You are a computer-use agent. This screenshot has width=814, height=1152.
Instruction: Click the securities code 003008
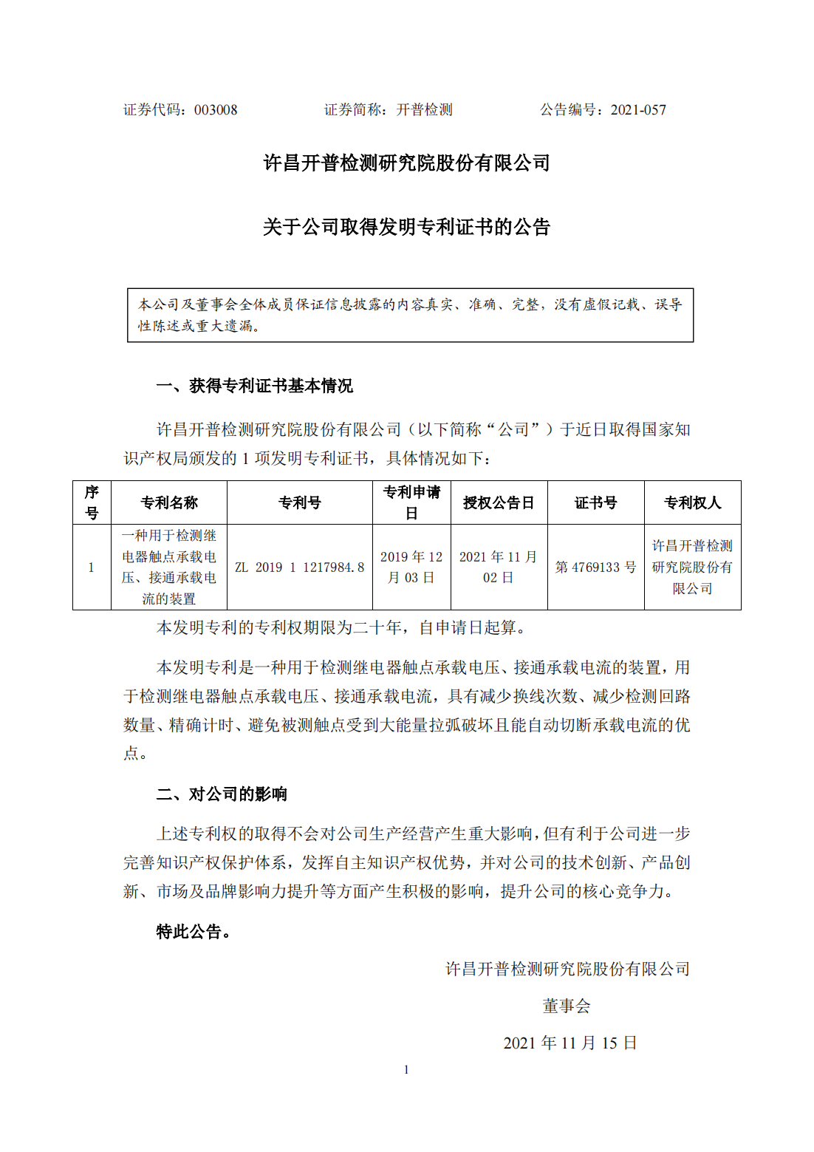pos(216,110)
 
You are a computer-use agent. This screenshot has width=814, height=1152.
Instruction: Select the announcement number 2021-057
pos(638,110)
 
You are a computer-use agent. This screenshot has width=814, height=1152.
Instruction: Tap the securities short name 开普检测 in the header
pos(424,110)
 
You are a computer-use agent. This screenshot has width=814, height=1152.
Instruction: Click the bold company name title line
pos(406,163)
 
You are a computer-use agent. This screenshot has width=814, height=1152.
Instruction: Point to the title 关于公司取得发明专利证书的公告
pos(406,227)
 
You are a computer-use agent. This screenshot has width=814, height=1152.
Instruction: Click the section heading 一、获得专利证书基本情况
pos(254,386)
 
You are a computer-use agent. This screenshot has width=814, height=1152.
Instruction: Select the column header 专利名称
pos(169,502)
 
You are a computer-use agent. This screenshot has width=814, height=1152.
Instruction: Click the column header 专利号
pos(299,502)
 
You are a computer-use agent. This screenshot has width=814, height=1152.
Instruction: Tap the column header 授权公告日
pos(498,502)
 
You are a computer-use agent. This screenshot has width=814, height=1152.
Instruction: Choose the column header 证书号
pos(595,502)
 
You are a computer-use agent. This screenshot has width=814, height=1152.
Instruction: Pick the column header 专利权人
pos(692,502)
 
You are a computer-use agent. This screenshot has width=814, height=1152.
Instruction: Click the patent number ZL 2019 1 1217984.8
pos(299,568)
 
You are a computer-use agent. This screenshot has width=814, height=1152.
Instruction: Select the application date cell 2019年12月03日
pos(411,568)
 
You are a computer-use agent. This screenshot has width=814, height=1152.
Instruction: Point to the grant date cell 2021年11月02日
pos(498,568)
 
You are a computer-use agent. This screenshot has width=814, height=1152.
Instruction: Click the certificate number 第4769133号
pos(595,568)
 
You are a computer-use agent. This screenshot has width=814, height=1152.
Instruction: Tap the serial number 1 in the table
pos(91,568)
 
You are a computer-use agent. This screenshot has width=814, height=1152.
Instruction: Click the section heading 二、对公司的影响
pos(222,794)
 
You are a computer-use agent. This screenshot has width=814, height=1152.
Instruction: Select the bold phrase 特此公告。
pos(194,932)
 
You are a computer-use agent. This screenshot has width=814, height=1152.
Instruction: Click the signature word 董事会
pos(567,1006)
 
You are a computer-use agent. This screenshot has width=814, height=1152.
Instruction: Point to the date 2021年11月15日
pos(570,1043)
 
